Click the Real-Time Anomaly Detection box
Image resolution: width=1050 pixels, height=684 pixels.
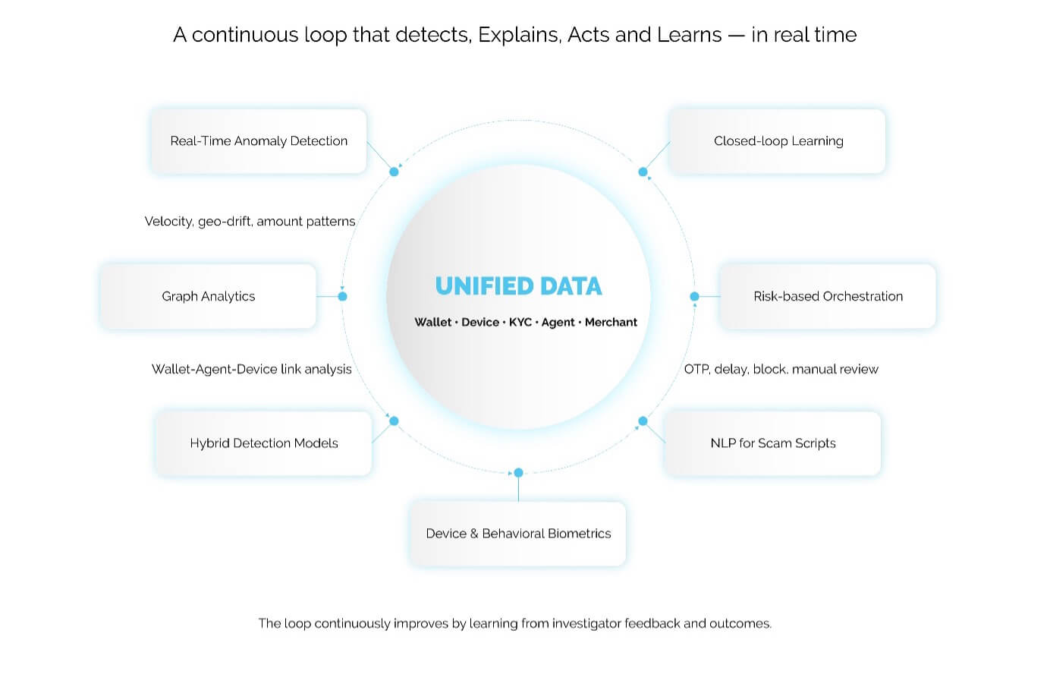click(x=259, y=141)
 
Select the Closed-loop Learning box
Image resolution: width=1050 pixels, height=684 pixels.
click(x=778, y=141)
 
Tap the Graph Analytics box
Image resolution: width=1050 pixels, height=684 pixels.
click(x=208, y=296)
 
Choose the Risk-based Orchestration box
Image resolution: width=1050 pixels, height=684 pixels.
click(x=828, y=296)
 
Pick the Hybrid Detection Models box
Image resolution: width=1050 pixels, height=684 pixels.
click(x=263, y=443)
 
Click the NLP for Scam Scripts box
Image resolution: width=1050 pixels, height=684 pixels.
click(x=772, y=443)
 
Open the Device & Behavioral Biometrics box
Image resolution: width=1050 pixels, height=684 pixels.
click(x=518, y=534)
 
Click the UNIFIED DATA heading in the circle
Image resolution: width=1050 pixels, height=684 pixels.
click(x=518, y=286)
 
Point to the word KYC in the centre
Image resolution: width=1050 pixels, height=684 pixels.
click(x=520, y=322)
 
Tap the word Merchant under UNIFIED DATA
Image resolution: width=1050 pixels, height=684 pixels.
click(x=611, y=322)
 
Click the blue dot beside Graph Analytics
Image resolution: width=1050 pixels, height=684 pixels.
click(x=342, y=296)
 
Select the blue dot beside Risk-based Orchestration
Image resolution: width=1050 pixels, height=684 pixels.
click(x=694, y=296)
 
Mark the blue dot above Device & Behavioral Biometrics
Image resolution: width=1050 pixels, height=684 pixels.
click(x=518, y=472)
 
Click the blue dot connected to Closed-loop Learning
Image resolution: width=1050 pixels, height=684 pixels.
click(x=643, y=172)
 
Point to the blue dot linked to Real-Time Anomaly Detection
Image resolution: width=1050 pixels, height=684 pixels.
click(x=394, y=172)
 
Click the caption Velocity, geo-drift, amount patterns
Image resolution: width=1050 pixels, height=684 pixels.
click(x=250, y=222)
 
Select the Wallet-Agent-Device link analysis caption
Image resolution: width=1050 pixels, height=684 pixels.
click(x=251, y=370)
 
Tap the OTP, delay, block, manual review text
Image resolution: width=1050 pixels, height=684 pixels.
click(x=781, y=370)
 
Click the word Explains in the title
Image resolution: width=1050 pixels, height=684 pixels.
click(x=520, y=35)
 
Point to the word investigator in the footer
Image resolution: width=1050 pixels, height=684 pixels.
click(x=586, y=623)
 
